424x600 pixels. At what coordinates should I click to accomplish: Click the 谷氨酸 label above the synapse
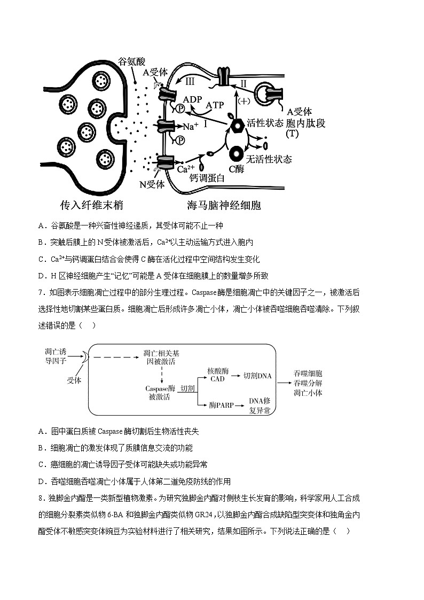[x=132, y=61]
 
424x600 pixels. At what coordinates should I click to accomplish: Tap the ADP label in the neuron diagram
[x=192, y=100]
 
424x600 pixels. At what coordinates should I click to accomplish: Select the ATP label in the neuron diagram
[x=215, y=105]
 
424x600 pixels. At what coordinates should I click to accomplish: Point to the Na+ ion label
[x=191, y=127]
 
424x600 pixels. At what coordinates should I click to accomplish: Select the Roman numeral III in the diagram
[x=190, y=82]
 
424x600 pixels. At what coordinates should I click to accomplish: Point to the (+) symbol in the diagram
[x=244, y=101]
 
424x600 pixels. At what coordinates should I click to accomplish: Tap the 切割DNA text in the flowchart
[x=257, y=376]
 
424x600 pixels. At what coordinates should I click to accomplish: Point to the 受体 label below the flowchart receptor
[x=74, y=380]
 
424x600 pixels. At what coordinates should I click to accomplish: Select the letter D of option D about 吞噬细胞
[x=41, y=481]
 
